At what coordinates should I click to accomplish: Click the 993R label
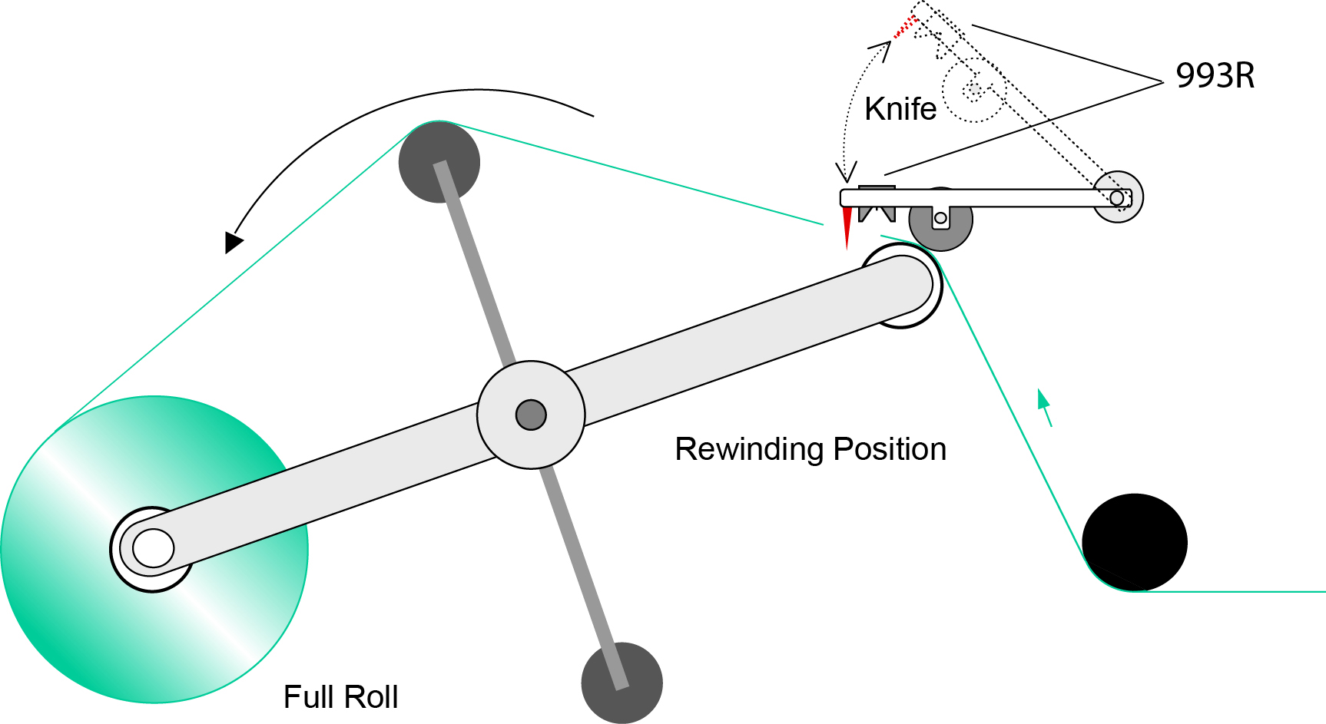1215,76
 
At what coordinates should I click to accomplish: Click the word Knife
900,109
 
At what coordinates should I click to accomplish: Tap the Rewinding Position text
810,449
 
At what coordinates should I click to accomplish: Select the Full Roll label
340,697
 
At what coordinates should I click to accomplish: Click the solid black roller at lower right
1135,542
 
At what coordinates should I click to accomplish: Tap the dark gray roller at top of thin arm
439,162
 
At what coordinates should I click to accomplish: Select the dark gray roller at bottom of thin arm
622,683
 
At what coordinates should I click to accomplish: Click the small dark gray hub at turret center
531,415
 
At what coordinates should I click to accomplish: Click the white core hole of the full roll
153,548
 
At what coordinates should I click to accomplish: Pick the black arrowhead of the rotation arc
233,242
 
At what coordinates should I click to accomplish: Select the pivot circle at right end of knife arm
1118,197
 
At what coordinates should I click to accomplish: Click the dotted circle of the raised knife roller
973,91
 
